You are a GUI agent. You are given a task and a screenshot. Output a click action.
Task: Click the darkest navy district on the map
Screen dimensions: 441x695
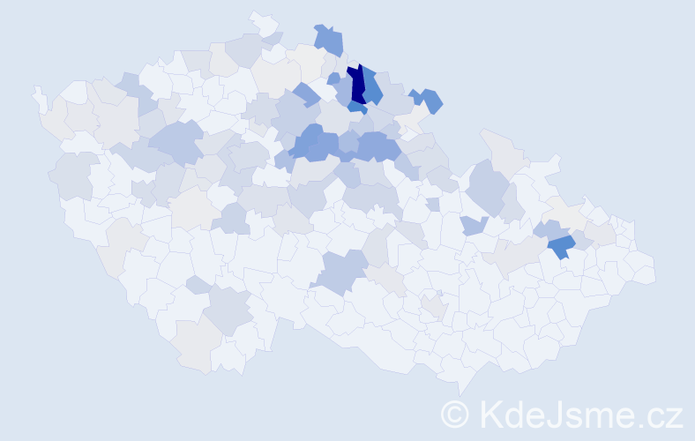tap(358, 86)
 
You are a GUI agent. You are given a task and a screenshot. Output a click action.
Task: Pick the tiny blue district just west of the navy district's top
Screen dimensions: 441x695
tap(333, 78)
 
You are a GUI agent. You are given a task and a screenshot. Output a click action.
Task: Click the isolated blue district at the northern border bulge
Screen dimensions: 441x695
tap(329, 40)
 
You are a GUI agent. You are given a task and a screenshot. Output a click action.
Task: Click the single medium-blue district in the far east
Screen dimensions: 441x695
tap(561, 246)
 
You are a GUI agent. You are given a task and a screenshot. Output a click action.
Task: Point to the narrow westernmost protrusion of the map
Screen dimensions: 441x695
tap(39, 98)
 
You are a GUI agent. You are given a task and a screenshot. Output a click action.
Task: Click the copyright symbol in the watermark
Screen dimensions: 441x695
tap(456, 414)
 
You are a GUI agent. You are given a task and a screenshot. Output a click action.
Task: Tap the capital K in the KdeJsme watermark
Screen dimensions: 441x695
tap(491, 414)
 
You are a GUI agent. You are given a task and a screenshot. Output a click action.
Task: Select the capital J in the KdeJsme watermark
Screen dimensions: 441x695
tap(558, 414)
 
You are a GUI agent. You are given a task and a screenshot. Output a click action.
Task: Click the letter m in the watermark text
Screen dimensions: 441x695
tap(603, 416)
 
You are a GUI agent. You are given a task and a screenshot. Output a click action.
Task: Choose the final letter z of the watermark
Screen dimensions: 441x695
tap(675, 416)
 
